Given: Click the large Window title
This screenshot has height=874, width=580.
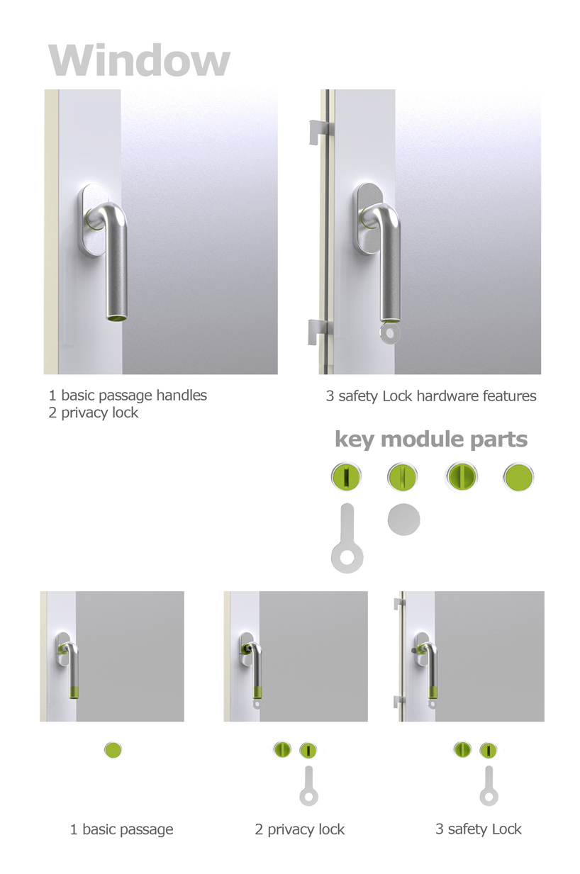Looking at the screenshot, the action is [139, 60].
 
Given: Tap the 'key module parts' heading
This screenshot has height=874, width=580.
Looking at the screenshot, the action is [431, 440].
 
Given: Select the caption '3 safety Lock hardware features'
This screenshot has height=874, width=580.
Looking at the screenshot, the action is [431, 396].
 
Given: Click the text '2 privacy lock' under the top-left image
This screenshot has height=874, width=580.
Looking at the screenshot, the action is [94, 413].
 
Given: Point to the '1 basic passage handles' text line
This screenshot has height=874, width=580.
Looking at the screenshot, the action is [128, 396].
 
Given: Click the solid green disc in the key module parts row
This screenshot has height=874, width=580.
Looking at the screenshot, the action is [518, 477].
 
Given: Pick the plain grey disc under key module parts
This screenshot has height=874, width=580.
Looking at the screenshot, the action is [403, 520].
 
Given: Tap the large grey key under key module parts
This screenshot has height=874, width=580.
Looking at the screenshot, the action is [347, 539].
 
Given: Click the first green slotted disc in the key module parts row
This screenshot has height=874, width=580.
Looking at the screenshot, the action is [346, 477].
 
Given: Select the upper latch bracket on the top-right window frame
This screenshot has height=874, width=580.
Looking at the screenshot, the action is [319, 132].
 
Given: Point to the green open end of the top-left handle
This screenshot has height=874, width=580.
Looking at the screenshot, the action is [117, 318].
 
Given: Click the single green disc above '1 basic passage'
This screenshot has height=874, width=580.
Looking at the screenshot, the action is [113, 750].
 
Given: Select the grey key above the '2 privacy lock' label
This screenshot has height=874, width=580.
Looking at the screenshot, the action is [308, 786].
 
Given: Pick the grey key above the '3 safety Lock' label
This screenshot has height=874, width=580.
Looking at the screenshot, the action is [489, 786].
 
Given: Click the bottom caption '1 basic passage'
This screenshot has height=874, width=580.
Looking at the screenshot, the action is [121, 829].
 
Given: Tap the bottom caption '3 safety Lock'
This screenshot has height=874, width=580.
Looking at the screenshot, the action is [479, 829].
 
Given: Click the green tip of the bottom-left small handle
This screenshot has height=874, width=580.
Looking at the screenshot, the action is [74, 693].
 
